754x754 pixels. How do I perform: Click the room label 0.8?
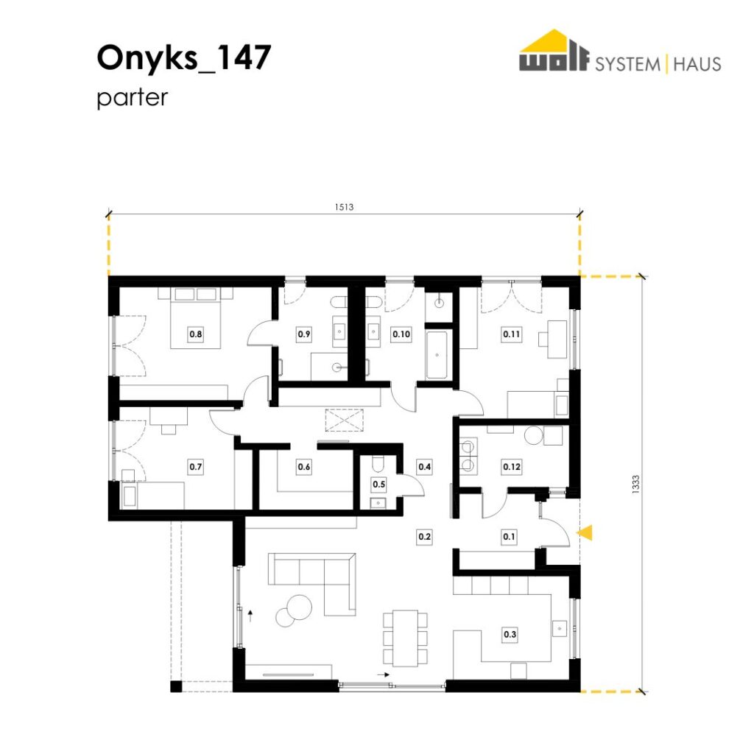196,334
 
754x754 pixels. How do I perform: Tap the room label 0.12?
511,467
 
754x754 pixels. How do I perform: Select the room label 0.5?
379,485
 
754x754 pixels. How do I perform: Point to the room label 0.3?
510,635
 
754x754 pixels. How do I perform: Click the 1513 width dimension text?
345,207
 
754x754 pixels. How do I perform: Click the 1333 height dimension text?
635,485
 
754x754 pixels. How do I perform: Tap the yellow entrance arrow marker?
585,533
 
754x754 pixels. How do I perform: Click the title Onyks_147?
184,57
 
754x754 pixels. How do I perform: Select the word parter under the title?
133,98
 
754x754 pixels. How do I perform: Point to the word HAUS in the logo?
697,64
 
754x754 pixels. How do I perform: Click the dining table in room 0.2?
405,638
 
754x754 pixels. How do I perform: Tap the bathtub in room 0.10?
437,355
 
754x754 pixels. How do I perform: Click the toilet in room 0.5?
378,464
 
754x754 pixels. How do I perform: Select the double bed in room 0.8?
196,318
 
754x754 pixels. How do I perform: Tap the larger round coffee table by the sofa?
299,607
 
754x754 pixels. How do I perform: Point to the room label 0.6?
304,467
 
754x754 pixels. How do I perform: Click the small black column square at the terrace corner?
176,687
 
